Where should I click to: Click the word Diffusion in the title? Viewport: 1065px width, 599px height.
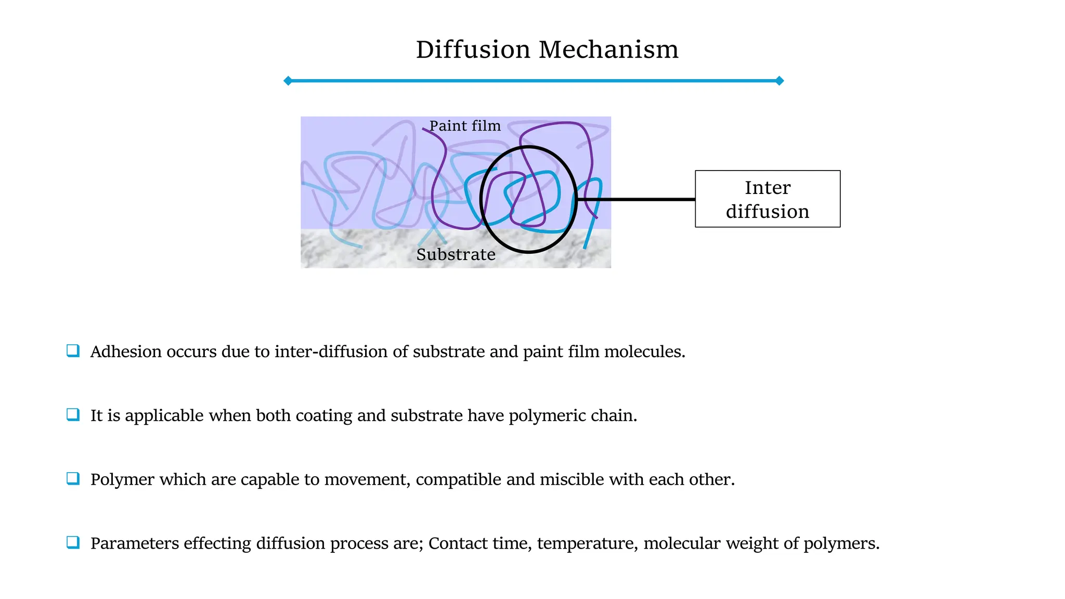click(473, 50)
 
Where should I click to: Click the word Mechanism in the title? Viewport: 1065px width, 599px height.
click(608, 50)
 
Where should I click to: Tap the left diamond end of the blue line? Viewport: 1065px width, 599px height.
click(288, 81)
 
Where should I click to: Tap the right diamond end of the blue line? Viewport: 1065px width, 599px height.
click(779, 81)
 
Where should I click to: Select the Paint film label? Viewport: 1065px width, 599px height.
click(465, 126)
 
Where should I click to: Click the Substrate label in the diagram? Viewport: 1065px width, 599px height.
click(456, 254)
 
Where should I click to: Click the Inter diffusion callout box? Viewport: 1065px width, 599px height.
click(768, 199)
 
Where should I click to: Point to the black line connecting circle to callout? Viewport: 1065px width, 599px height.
click(635, 199)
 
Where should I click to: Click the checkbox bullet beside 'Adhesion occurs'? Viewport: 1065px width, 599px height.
click(73, 350)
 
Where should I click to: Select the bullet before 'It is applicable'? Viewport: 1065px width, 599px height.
click(73, 414)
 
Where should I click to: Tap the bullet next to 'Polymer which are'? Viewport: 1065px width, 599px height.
click(73, 478)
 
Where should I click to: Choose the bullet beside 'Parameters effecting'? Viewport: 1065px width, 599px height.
click(73, 542)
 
